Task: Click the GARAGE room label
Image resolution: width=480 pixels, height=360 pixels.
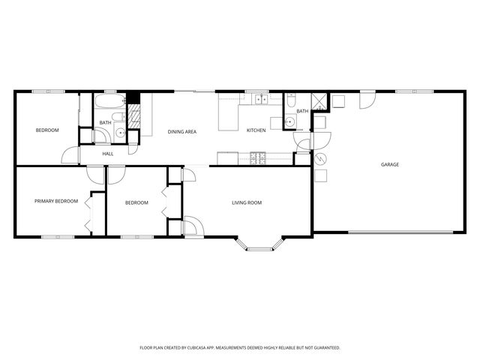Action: pos(389,164)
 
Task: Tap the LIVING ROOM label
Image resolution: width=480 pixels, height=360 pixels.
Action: pos(246,202)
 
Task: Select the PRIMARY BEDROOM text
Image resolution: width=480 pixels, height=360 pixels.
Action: pos(56,201)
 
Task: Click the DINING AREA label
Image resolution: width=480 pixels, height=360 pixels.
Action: pos(182,132)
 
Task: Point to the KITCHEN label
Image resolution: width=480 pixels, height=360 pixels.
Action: pos(256,131)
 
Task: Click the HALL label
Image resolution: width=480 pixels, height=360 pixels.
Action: pos(108,154)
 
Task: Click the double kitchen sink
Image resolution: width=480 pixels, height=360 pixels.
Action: pos(259,99)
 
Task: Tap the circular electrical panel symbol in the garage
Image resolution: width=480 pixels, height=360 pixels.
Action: pos(320,159)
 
